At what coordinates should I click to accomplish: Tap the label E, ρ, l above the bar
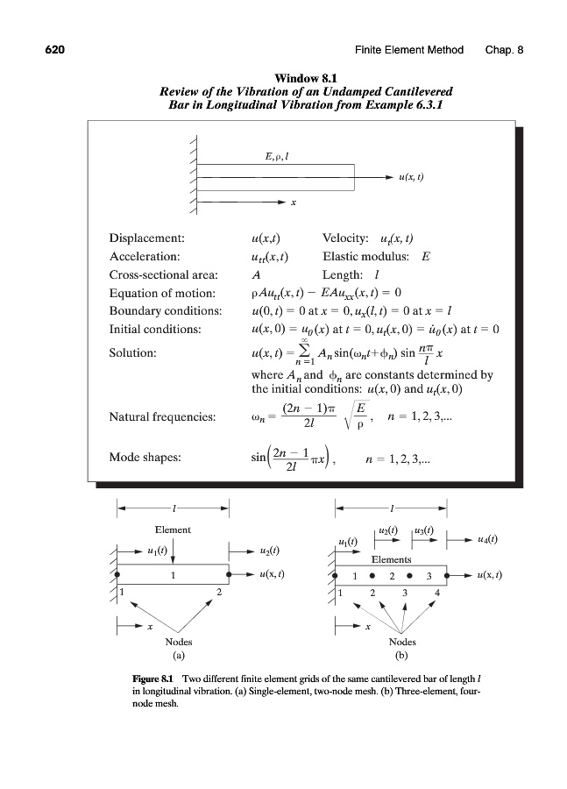(x=277, y=156)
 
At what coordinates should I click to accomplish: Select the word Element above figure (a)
(x=174, y=530)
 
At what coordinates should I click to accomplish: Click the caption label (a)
(x=179, y=655)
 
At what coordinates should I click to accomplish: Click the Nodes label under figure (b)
(x=402, y=642)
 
